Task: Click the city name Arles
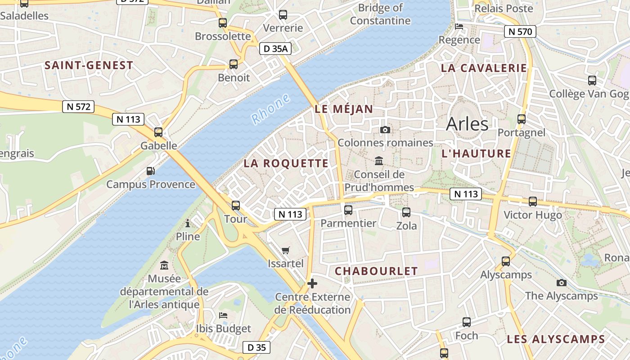pos(467,124)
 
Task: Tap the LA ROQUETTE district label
pos(286,164)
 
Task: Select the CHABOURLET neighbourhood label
pos(377,271)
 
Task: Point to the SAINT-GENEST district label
pos(89,65)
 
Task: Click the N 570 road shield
pos(520,31)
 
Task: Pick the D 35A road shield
pos(275,49)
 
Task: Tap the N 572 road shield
pos(78,107)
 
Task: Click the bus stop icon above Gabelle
pos(158,132)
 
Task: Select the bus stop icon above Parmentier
pos(348,210)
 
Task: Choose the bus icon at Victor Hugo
pos(533,201)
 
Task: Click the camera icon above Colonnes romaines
pos(385,130)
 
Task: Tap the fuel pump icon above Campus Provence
pos(151,171)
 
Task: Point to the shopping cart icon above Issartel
pos(286,250)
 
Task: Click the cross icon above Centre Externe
pos(312,283)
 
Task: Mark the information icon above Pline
pos(188,223)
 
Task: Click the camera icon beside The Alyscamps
pos(561,283)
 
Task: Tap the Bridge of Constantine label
pos(380,14)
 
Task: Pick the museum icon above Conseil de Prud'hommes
pos(379,161)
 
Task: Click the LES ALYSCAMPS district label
pos(556,339)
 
